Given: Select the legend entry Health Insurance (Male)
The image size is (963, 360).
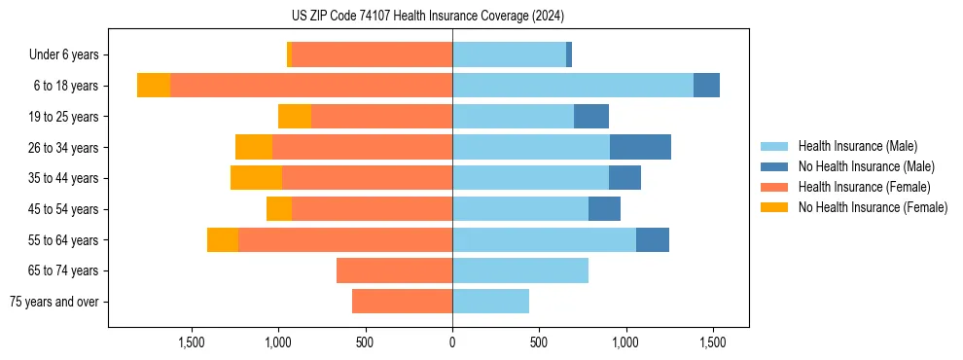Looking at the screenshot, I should pos(857,146).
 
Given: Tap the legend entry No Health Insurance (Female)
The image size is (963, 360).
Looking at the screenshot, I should pos(873,207).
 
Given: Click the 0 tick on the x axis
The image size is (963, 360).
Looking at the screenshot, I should pos(452,342).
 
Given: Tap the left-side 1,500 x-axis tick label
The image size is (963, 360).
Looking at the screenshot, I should pos(192,342).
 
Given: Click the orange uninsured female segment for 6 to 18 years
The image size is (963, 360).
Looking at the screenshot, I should pos(154,86).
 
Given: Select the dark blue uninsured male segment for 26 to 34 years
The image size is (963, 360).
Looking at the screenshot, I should pos(640,147).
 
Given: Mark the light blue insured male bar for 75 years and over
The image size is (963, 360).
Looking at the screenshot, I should pos(490,302).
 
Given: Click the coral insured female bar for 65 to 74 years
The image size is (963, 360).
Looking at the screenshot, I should pos(394,270).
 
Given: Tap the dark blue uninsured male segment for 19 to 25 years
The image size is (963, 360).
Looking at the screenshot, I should pos(591,117).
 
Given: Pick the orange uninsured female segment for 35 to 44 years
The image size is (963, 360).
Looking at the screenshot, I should pos(256,178).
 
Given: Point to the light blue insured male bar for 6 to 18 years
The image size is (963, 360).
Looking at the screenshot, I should pos(573,86).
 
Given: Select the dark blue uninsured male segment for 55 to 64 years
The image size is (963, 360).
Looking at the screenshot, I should pos(653,239).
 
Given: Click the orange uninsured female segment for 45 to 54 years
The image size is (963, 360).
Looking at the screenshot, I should pos(279,209).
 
